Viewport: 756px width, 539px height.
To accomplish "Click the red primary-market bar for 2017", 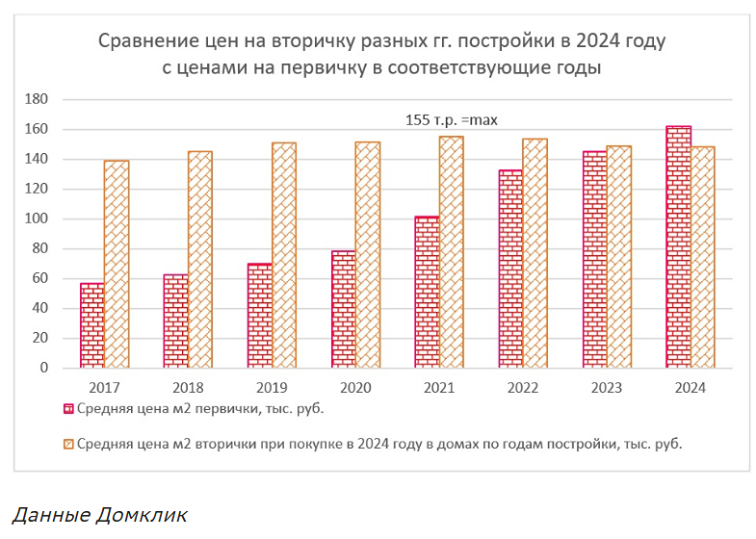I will pos(91,325).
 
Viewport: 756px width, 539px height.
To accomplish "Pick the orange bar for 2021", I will pos(451,252).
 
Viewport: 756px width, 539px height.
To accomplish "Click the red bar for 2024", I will pos(678,247).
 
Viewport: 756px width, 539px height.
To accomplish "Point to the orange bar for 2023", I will pos(618,257).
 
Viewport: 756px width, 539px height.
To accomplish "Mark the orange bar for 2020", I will pos(367,255).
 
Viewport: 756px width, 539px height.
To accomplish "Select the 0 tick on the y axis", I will pos(42,368).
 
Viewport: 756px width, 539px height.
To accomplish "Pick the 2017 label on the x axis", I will pos(105,388).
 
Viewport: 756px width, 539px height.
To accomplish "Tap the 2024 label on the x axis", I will pos(691,388).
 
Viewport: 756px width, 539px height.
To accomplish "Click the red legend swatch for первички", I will pos(67,408).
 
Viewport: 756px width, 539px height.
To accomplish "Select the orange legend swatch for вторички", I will pos(67,444).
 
